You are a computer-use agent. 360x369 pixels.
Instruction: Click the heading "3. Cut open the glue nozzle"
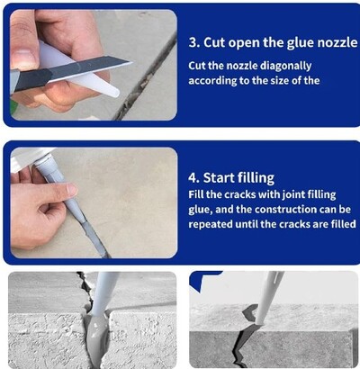coord(271,42)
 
